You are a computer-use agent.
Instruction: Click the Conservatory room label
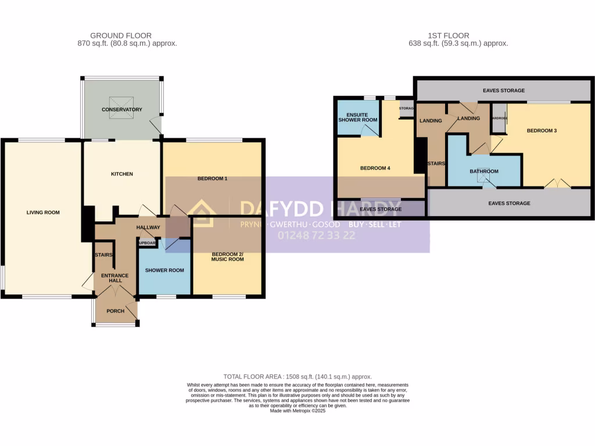point(122,110)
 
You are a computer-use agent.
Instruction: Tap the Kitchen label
point(122,174)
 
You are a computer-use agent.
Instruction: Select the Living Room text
point(43,213)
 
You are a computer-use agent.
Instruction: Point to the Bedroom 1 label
point(212,178)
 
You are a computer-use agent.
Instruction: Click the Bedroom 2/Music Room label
point(227,256)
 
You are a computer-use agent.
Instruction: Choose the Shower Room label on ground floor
point(164,270)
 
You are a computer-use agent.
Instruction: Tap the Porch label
point(115,311)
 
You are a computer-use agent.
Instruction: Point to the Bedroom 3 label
point(542,131)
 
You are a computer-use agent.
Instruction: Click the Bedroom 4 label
point(375,168)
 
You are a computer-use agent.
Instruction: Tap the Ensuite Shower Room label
point(358,117)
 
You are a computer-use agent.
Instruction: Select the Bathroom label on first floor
point(484,171)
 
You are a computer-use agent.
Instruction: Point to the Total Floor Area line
point(297,377)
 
